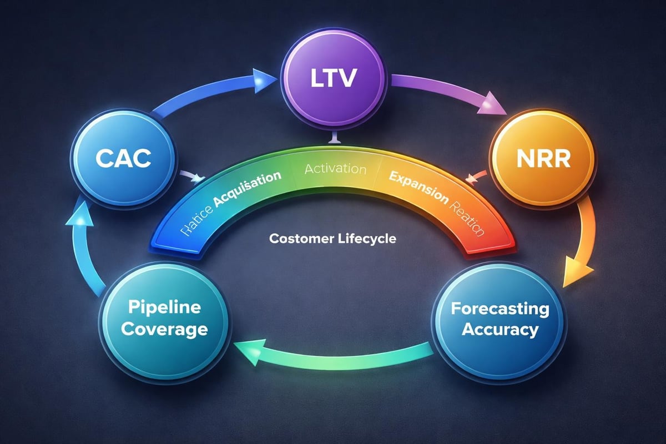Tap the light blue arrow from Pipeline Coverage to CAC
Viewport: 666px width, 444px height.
pyautogui.click(x=83, y=244)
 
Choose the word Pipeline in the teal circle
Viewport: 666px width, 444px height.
pyautogui.click(x=164, y=308)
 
